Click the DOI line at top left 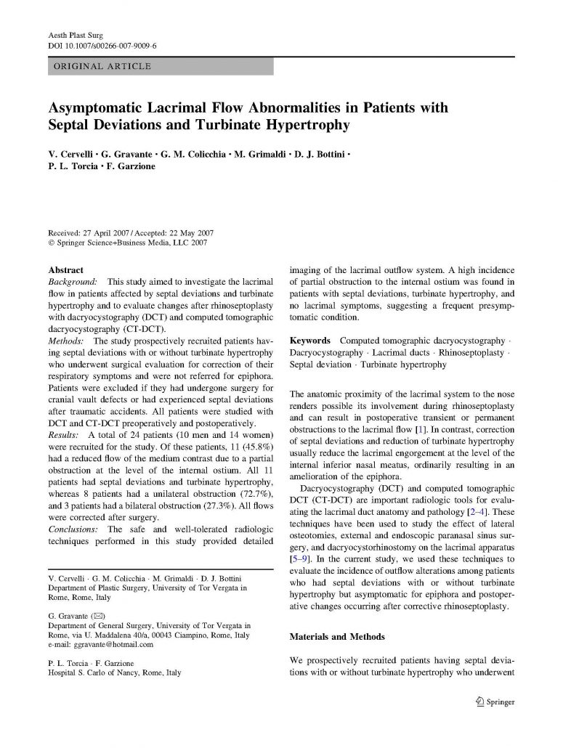coord(102,46)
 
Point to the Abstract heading coord(65,269)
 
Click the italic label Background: coord(73,280)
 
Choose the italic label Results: coord(65,434)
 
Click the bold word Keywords coord(311,341)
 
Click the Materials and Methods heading coord(337,637)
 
